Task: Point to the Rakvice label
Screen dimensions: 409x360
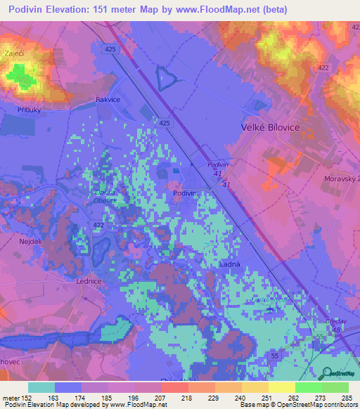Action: pos(109,100)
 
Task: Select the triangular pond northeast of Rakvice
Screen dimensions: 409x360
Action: pos(166,77)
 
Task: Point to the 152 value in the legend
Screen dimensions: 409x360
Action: pos(25,399)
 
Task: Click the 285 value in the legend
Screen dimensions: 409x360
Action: pos(347,399)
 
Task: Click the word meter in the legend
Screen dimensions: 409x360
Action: pos(9,399)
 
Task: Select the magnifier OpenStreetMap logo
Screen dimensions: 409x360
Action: pos(326,374)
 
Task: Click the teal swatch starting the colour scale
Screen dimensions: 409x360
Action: pos(41,387)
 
